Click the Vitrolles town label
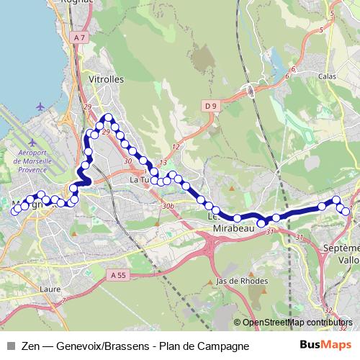[x=105, y=79]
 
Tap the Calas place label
[x=328, y=75]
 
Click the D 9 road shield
[x=210, y=107]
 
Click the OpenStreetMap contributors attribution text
[x=297, y=322]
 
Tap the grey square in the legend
[x=12, y=346]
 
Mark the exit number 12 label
[x=175, y=146]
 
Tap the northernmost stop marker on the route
[x=108, y=117]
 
